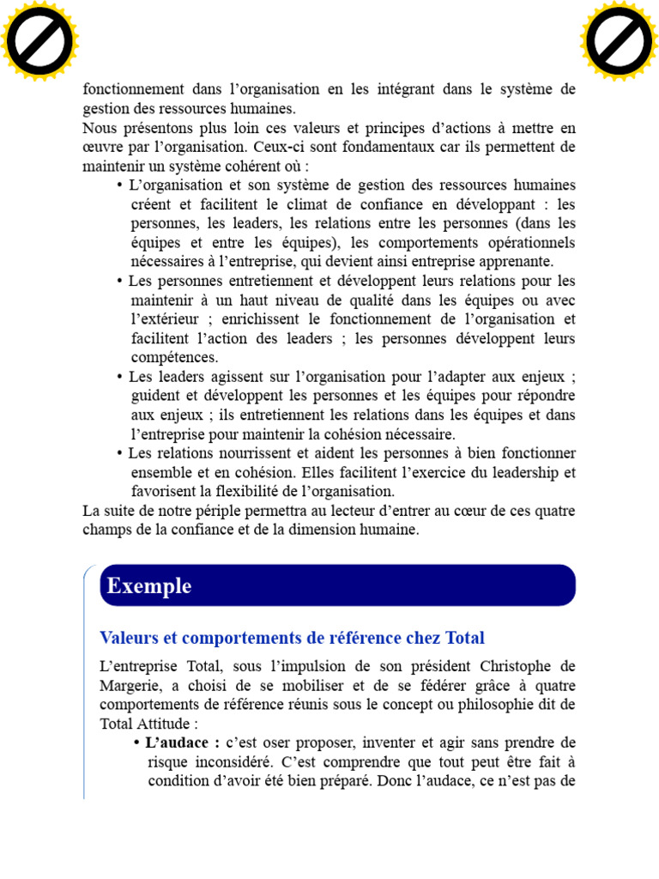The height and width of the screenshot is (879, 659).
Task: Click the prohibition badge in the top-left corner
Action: (x=40, y=40)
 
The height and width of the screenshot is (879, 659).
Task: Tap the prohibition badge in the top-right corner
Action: (x=619, y=40)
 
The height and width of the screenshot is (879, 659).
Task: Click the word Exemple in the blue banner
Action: (x=149, y=586)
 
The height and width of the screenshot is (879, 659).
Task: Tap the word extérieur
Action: (x=170, y=319)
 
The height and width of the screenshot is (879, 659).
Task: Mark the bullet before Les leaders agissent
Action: (x=120, y=377)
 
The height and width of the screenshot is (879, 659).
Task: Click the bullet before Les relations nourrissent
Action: (x=120, y=453)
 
